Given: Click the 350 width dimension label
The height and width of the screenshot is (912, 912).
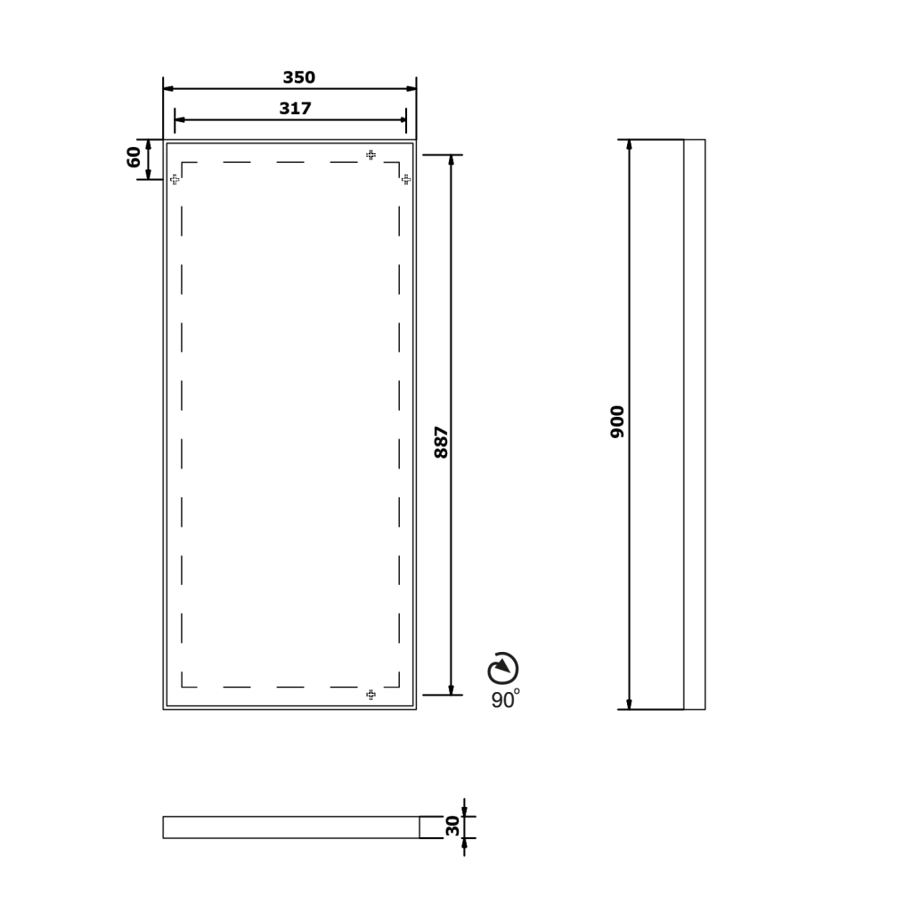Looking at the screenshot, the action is tap(299, 77).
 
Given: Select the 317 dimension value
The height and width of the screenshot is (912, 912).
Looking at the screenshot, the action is tap(296, 108).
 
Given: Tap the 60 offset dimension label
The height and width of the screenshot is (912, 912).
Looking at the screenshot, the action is tap(134, 157).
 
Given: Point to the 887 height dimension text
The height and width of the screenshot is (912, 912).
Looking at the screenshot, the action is tap(442, 443).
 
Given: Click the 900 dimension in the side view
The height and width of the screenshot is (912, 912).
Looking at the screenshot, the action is tap(617, 422).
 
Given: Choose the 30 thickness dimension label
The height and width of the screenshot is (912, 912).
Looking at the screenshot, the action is tap(452, 826).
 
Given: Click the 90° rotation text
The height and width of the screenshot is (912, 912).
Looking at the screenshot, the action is tap(506, 699).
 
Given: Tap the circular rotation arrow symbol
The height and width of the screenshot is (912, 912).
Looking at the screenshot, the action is tap(503, 668).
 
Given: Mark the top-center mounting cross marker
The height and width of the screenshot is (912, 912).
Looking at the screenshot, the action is tap(370, 155).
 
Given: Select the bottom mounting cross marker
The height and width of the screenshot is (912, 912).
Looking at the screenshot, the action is tap(370, 694).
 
